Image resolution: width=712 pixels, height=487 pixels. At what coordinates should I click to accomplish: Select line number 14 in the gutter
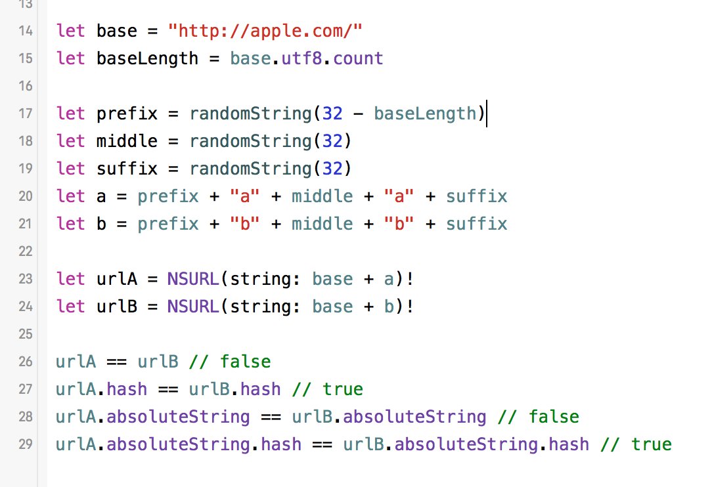point(26,31)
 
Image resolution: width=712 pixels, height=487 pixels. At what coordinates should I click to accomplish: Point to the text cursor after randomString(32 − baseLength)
point(487,114)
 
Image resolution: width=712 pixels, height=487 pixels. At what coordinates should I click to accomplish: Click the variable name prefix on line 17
point(127,114)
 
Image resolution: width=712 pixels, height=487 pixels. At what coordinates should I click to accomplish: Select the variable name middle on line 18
point(127,141)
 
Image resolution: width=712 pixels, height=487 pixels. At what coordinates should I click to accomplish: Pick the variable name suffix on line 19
point(127,169)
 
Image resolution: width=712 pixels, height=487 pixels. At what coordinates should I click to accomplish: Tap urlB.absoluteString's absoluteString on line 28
point(414,417)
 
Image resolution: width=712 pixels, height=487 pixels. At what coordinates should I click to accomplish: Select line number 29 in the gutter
point(26,444)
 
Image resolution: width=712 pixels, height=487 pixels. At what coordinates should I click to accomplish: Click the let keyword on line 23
point(70,279)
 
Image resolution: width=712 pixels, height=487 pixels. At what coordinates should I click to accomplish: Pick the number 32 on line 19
point(332,169)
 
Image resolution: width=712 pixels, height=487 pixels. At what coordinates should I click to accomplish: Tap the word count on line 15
point(358,58)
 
